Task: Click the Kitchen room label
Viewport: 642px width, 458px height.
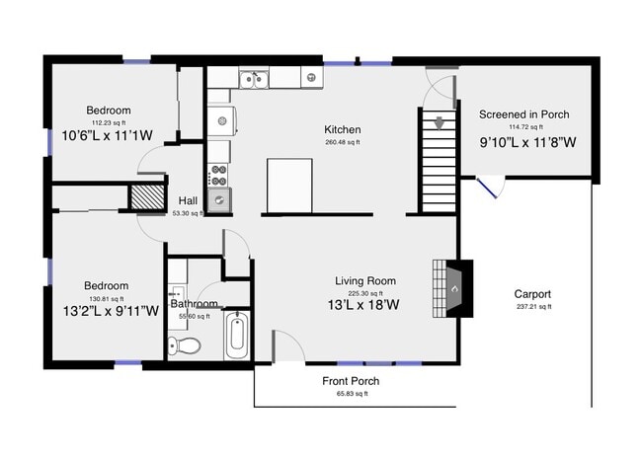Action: pyautogui.click(x=343, y=130)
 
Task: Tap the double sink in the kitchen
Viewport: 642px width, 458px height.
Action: pyautogui.click(x=254, y=79)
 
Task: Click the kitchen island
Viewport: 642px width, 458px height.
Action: pyautogui.click(x=289, y=185)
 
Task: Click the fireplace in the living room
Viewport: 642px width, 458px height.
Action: pyautogui.click(x=451, y=288)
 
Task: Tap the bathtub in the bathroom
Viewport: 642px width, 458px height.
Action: pyautogui.click(x=237, y=336)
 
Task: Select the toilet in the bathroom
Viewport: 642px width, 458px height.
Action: pyautogui.click(x=184, y=345)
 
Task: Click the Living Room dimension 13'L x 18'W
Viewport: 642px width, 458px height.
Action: pyautogui.click(x=366, y=306)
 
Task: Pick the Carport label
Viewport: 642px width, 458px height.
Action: pyautogui.click(x=532, y=294)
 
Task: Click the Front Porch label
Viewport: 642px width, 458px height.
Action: pyautogui.click(x=351, y=381)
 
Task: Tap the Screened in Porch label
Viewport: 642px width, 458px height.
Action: pyautogui.click(x=524, y=114)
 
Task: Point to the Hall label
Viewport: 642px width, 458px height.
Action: pyautogui.click(x=188, y=199)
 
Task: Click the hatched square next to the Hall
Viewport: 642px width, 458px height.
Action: pyautogui.click(x=148, y=195)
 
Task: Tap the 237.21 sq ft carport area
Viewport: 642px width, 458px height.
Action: pyautogui.click(x=532, y=307)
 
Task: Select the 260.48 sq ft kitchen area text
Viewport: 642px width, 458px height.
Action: pyautogui.click(x=343, y=143)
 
